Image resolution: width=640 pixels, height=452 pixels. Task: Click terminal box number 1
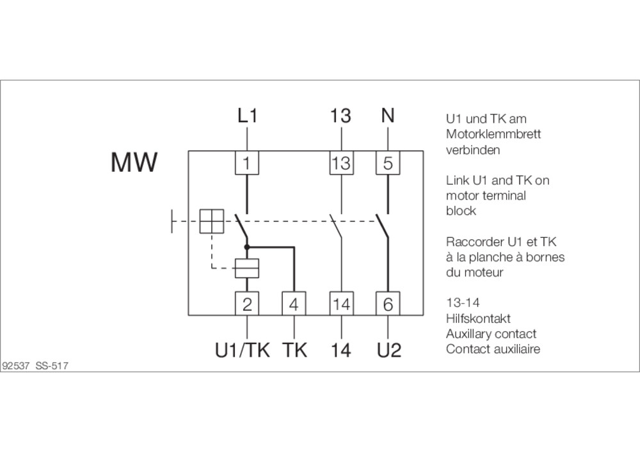pos(247,162)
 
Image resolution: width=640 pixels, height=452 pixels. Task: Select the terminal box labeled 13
pos(341,162)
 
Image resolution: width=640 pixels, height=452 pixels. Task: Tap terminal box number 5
pos(388,162)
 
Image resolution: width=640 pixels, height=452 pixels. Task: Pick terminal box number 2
pos(247,304)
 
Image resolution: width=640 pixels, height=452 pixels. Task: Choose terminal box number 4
pos(294,304)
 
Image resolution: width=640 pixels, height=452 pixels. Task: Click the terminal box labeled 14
pos(341,304)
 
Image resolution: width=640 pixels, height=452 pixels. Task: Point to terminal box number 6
pos(388,304)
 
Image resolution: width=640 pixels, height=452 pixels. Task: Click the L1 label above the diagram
pos(247,116)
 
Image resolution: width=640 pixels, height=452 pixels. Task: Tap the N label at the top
pos(388,115)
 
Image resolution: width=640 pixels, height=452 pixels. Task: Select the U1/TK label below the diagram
pos(243,350)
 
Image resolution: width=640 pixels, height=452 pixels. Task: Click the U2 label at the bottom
pos(389,350)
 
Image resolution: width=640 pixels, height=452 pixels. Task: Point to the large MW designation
pos(134,162)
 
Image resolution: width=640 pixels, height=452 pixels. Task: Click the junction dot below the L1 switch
pos(246,247)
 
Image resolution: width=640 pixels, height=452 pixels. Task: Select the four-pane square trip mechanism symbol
pos(212,221)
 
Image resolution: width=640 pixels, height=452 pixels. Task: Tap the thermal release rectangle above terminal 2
pos(247,268)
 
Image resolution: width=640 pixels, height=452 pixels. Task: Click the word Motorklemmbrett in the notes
pos(493,134)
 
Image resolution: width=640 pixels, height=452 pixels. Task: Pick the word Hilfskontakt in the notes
pos(478,318)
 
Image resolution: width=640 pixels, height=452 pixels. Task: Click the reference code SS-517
pos(52,366)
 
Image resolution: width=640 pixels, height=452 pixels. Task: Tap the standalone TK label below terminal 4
pos(294,350)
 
